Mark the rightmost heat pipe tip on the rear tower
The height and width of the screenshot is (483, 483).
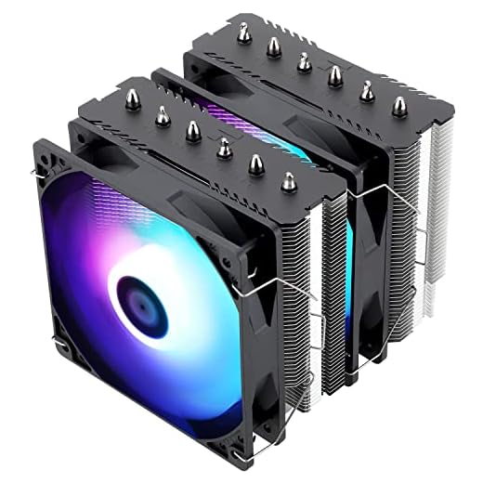399,105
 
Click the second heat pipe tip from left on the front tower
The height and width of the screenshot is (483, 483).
163,114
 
